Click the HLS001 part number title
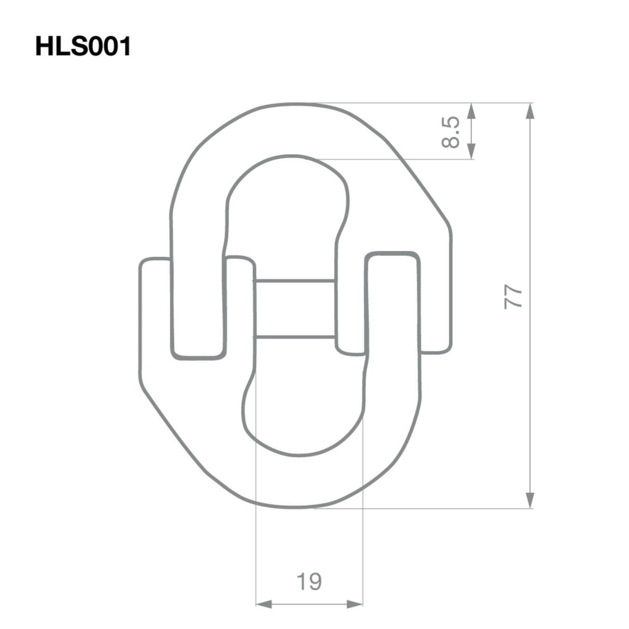[x=83, y=47]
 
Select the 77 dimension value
[x=513, y=297]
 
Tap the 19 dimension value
[x=309, y=582]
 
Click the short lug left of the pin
[x=239, y=306]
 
